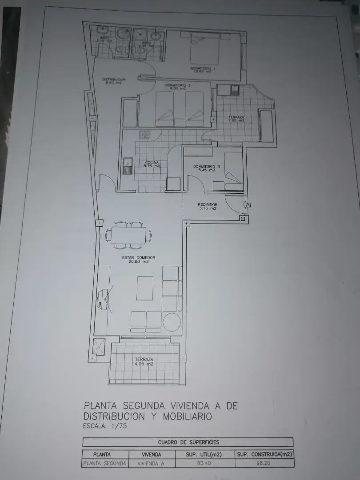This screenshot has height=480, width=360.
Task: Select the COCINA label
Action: click(152, 163)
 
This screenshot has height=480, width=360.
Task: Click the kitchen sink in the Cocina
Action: click(128, 167)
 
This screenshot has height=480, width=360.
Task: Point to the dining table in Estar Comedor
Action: click(128, 234)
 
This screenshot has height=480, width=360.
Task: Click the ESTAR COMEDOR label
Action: click(139, 257)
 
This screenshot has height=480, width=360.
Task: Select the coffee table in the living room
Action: click(144, 288)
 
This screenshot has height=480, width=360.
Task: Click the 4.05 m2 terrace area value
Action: click(144, 364)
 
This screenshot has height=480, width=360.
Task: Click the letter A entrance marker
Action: click(248, 204)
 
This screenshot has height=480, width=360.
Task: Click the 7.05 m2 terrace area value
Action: click(236, 120)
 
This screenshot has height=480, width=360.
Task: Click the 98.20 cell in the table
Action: click(264, 463)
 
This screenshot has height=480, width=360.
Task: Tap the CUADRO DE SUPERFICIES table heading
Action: click(188, 442)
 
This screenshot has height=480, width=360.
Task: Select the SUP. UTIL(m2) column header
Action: click(204, 454)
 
